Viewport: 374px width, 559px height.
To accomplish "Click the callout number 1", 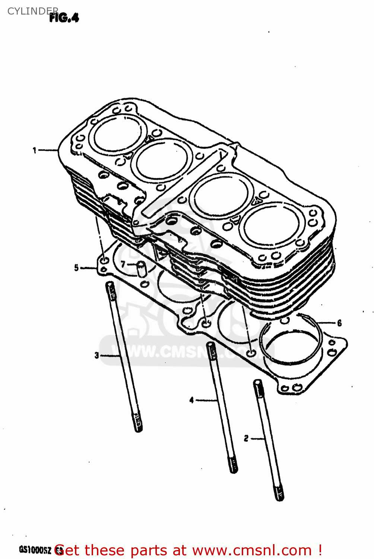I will [35, 151].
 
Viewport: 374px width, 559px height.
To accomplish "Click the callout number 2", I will [246, 439].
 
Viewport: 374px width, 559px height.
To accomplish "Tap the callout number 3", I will [96, 356].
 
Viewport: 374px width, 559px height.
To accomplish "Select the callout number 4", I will [191, 400].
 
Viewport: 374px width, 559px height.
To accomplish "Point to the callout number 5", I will [76, 268].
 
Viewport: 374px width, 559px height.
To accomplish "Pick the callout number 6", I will [339, 323].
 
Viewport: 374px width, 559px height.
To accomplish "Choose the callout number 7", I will [123, 265].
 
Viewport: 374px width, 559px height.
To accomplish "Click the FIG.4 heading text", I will [64, 18].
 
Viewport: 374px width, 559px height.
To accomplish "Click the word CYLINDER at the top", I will [33, 11].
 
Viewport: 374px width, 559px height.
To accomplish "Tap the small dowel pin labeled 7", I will [140, 269].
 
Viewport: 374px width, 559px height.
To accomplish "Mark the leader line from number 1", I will [48, 150].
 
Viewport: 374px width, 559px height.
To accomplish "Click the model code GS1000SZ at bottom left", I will [35, 550].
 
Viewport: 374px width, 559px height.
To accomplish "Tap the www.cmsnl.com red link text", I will [253, 550].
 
